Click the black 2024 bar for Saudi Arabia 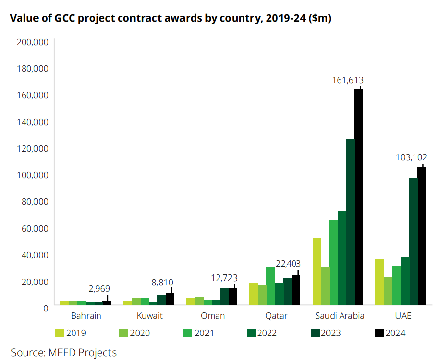[359, 196]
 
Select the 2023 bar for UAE [414, 240]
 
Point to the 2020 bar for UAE [388, 290]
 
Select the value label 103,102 [411, 157]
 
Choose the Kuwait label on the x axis [149, 315]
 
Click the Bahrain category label [86, 315]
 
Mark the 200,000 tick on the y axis [32, 42]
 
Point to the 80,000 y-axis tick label [34, 202]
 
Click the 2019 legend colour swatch [60, 333]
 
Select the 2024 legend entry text [395, 333]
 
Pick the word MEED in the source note [62, 352]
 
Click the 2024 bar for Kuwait [170, 298]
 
